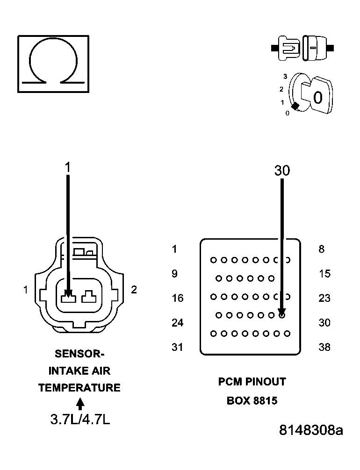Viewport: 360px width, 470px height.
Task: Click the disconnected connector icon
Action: (302, 48)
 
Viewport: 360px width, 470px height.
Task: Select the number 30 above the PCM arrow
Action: (282, 171)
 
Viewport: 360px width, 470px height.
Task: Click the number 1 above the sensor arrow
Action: (68, 167)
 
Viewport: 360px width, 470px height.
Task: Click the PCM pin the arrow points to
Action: (282, 315)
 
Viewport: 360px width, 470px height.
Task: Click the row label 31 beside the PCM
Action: (177, 347)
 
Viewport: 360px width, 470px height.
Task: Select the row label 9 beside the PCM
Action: (174, 274)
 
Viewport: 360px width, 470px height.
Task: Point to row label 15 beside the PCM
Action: (324, 274)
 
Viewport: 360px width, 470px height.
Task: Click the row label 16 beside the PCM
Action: (177, 298)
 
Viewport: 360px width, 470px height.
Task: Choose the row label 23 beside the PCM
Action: (324, 298)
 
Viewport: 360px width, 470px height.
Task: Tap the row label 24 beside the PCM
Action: (177, 323)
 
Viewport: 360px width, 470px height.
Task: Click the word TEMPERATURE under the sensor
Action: (79, 388)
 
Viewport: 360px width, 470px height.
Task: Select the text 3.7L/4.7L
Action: (80, 420)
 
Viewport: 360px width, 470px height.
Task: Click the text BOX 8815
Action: (252, 401)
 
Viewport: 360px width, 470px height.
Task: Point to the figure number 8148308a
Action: (311, 430)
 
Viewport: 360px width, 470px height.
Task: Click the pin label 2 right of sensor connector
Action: (134, 290)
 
